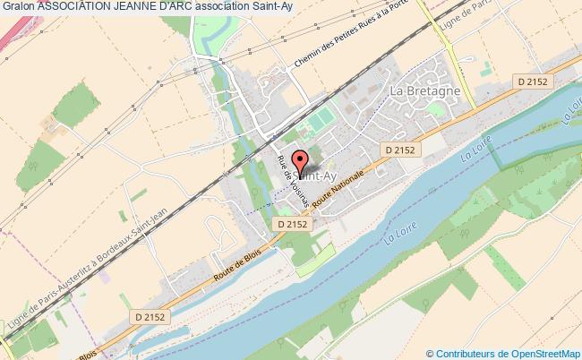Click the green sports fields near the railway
point(318,121)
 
